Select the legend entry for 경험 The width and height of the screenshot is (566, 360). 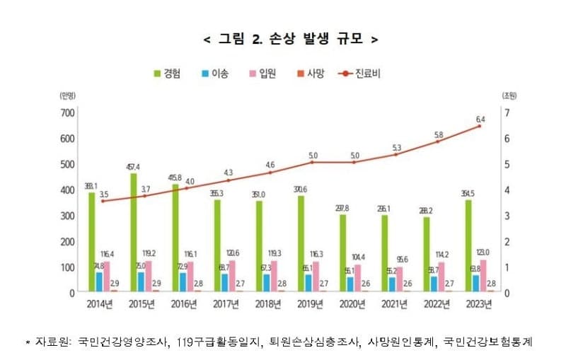coord(166,73)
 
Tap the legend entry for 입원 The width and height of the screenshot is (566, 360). coord(261,73)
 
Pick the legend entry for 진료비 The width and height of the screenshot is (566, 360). coord(362,73)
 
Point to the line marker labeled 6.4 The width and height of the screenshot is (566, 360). coord(479,126)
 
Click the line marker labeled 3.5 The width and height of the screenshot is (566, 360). coord(103,201)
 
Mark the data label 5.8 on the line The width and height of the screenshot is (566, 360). coord(439,134)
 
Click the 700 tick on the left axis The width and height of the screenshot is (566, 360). coord(67,112)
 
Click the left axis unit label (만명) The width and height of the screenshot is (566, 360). coord(68,95)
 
